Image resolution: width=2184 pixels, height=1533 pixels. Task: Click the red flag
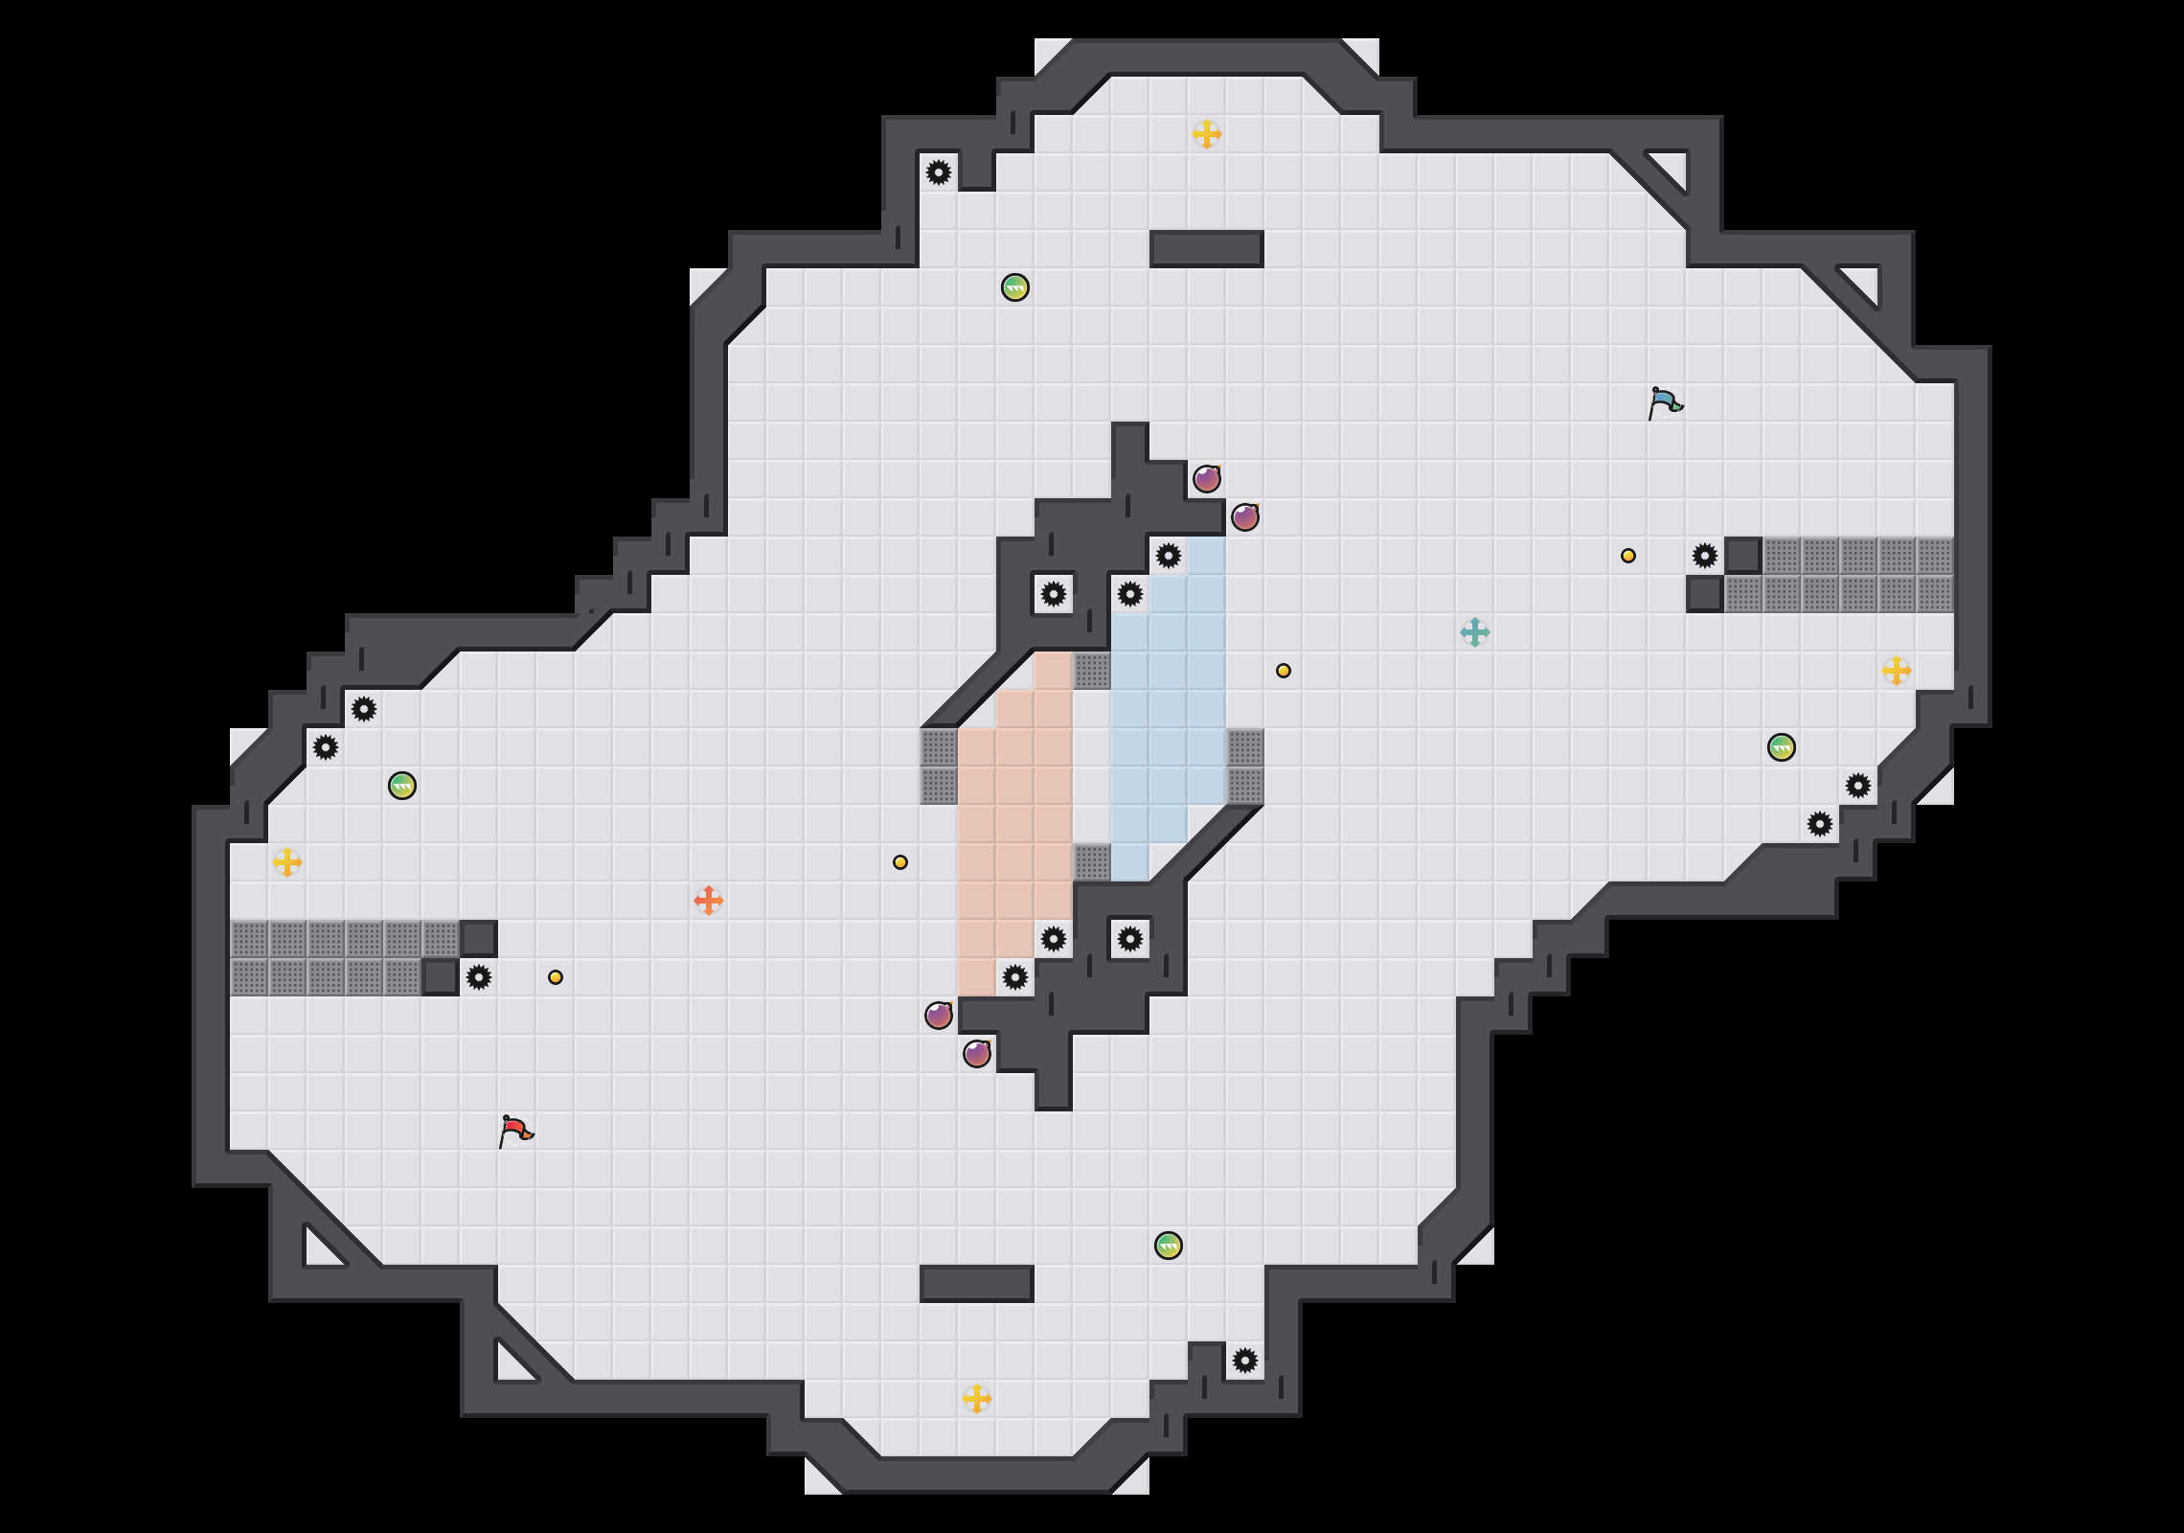pyautogui.click(x=515, y=1131)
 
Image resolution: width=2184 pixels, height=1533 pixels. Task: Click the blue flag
pyautogui.click(x=1665, y=402)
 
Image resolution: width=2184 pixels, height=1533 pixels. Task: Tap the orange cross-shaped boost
pyautogui.click(x=708, y=901)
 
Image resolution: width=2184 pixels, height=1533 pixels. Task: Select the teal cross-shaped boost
pyautogui.click(x=1474, y=632)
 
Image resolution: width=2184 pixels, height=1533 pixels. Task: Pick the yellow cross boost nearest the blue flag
pyautogui.click(x=1896, y=671)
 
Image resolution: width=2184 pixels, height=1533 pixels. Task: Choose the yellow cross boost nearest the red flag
pyautogui.click(x=286, y=862)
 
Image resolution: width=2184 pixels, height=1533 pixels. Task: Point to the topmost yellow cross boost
pyautogui.click(x=1206, y=134)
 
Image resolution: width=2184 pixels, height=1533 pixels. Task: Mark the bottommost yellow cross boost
pyautogui.click(x=976, y=1399)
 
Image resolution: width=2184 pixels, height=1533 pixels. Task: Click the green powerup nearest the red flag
pyautogui.click(x=402, y=786)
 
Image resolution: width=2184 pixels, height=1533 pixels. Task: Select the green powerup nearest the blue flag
pyautogui.click(x=1781, y=747)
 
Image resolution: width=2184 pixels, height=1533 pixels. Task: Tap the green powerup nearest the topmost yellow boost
pyautogui.click(x=1014, y=287)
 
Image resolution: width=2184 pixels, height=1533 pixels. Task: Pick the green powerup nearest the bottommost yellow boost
pyautogui.click(x=1168, y=1246)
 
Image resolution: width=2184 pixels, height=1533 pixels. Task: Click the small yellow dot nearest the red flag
pyautogui.click(x=556, y=977)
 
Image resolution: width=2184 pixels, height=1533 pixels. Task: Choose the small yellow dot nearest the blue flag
pyautogui.click(x=1627, y=556)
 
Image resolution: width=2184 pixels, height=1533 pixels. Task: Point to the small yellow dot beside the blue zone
pyautogui.click(x=1283, y=671)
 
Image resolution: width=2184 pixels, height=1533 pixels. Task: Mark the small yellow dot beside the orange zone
pyautogui.click(x=899, y=862)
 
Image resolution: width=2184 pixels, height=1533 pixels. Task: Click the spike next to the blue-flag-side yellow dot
pyautogui.click(x=1704, y=556)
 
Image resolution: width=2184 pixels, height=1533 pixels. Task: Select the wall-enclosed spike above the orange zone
pyautogui.click(x=1053, y=594)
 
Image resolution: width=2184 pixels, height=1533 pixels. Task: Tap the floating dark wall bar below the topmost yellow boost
pyautogui.click(x=1206, y=249)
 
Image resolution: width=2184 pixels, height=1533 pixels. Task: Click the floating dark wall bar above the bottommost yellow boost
pyautogui.click(x=976, y=1284)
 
